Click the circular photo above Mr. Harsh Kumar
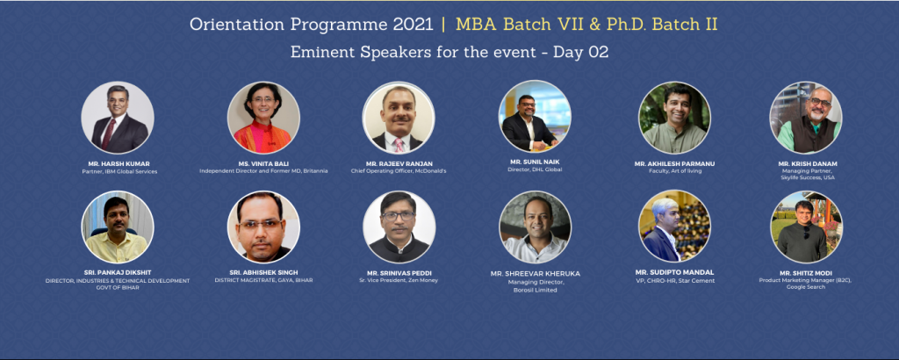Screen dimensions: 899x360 [x=118, y=117]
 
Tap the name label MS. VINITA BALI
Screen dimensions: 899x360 [x=263, y=164]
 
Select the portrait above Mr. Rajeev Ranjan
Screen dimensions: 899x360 [x=399, y=117]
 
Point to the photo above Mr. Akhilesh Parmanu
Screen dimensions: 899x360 [x=675, y=117]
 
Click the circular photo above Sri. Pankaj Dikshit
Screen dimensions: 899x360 [x=118, y=227]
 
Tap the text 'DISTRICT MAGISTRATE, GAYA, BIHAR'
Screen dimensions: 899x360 [x=263, y=280]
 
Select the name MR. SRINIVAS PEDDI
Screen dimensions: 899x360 [x=399, y=272]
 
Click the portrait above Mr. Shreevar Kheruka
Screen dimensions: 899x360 [x=536, y=227]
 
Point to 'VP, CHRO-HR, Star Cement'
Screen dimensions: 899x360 [x=675, y=280]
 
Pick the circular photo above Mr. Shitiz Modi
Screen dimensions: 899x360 [x=806, y=227]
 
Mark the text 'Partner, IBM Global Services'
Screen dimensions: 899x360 [x=119, y=171]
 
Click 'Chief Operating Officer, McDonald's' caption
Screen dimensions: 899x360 [x=399, y=171]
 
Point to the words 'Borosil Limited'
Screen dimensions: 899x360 [x=536, y=290]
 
